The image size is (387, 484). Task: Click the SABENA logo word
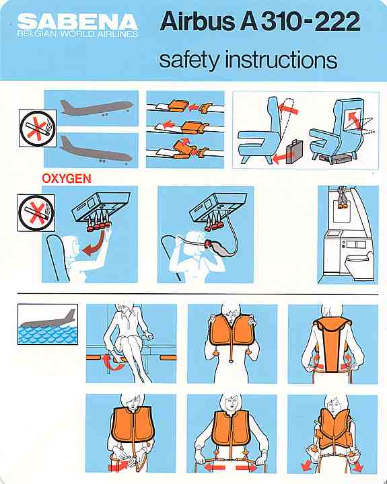[77, 22]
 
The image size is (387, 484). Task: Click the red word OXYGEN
[67, 178]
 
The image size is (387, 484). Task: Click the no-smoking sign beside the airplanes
[38, 128]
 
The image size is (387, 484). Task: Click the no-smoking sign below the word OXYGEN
[36, 212]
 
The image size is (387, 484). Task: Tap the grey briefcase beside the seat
[294, 151]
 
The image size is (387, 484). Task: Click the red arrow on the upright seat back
[288, 109]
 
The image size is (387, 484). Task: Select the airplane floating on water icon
[48, 324]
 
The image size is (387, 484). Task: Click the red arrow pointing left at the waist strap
[215, 467]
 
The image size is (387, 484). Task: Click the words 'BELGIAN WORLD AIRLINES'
[77, 34]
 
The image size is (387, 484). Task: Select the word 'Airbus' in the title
[199, 22]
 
